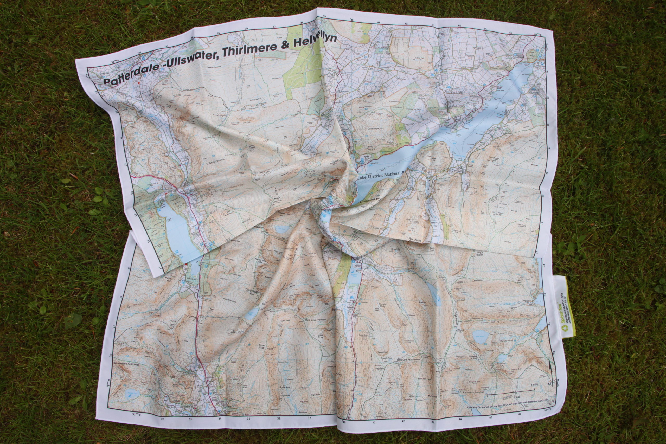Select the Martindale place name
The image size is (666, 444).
click(415, 240)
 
